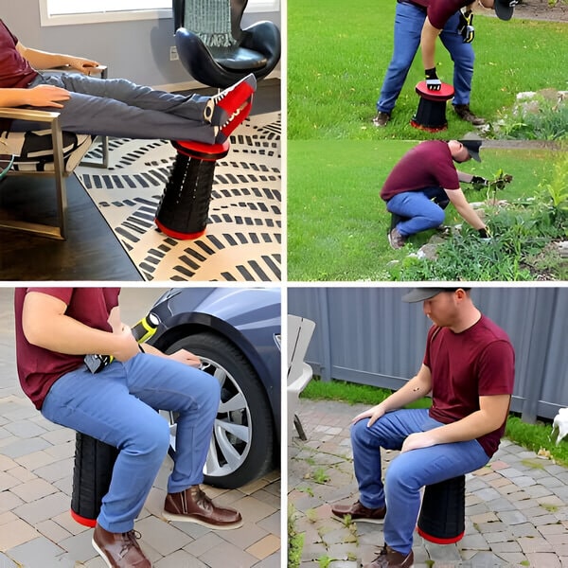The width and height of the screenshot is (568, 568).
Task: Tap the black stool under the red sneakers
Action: point(186,193)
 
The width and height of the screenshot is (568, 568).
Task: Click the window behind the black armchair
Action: point(104,11)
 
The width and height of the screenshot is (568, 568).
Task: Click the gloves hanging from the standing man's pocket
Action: point(466,26)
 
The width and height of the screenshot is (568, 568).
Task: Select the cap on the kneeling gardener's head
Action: point(470,147)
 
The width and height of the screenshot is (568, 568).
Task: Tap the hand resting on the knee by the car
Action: point(185,357)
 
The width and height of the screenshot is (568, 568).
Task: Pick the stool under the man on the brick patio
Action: point(441,507)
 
